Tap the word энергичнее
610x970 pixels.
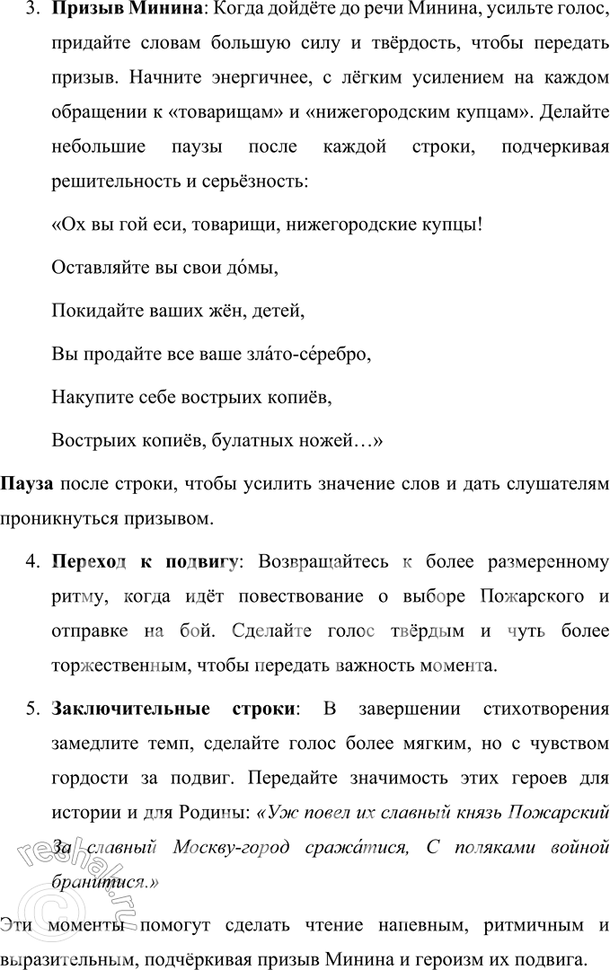pyautogui.click(x=239, y=79)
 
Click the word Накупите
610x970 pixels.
pyautogui.click(x=91, y=396)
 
